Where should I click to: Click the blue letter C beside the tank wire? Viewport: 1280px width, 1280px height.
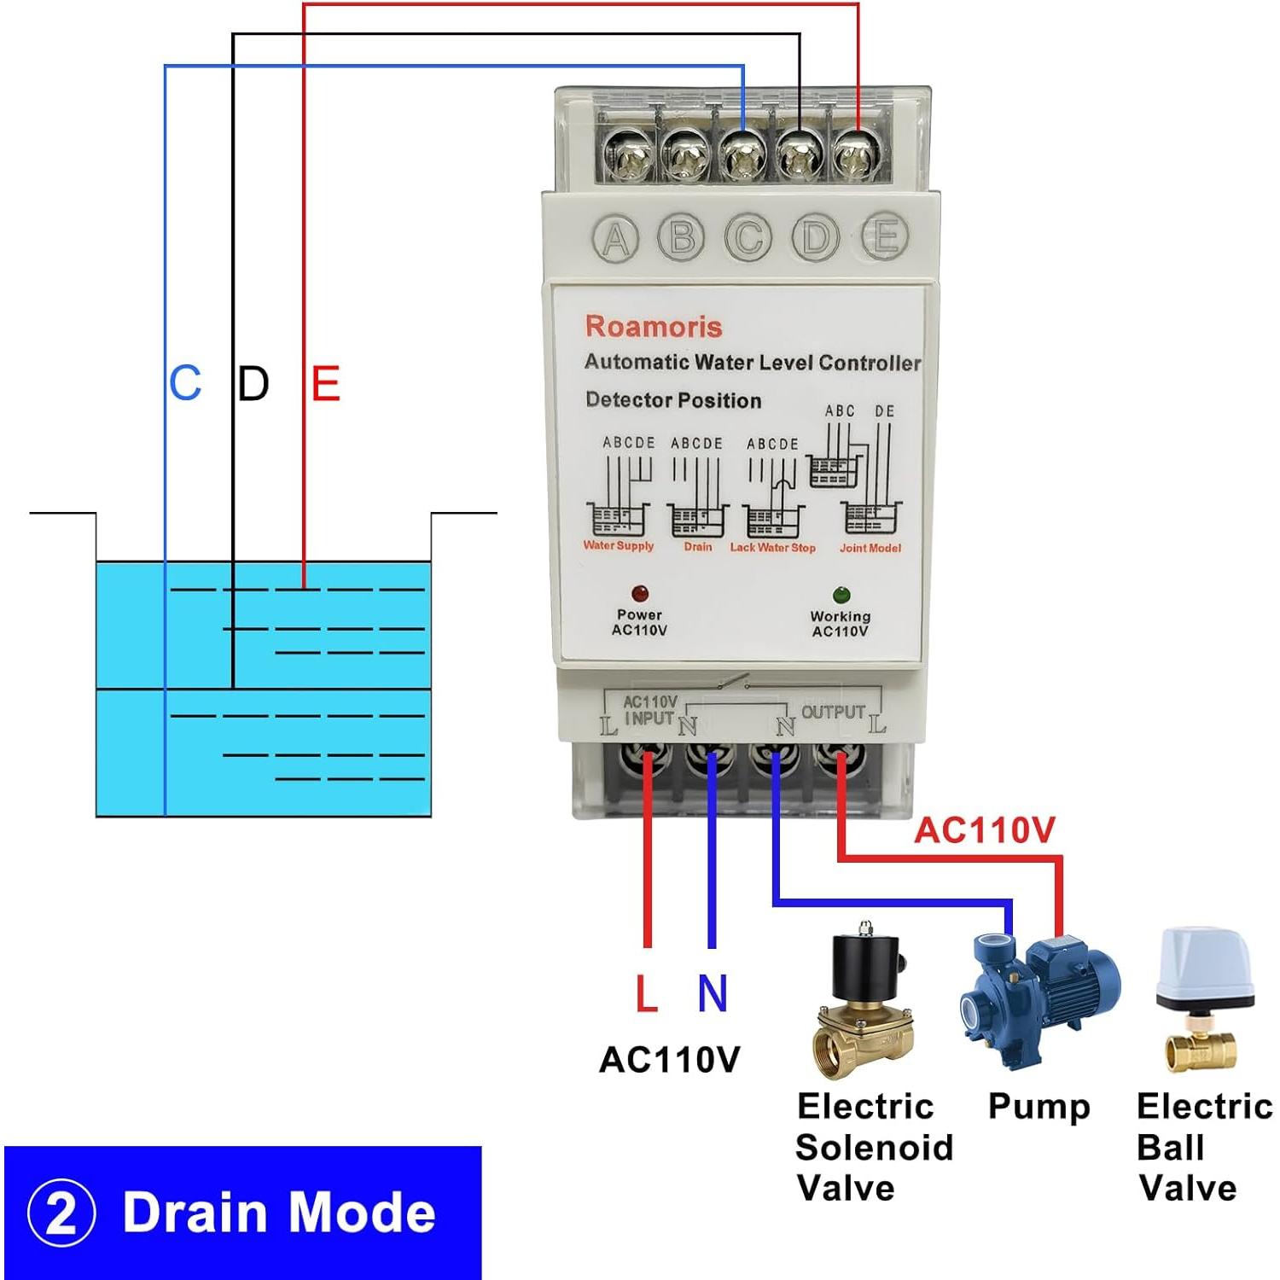pos(185,383)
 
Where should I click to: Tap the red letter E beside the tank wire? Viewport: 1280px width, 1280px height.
pos(326,383)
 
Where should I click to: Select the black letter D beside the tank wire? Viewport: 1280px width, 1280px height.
pos(253,383)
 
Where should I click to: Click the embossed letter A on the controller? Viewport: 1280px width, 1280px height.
pos(616,239)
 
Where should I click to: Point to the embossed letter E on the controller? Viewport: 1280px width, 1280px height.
pos(883,236)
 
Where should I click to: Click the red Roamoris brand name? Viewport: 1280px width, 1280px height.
pos(654,326)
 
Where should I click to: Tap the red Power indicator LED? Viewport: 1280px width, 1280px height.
pos(639,593)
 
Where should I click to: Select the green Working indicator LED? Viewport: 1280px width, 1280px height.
pos(841,595)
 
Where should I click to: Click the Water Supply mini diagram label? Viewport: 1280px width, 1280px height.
pos(619,546)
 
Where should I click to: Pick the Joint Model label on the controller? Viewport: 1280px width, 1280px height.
pos(870,548)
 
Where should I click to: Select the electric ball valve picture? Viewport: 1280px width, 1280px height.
pos(1203,998)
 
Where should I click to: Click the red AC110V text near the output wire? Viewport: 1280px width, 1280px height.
pos(985,829)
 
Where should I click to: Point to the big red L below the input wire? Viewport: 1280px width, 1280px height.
pos(647,994)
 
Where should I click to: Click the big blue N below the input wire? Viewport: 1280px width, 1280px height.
pos(713,994)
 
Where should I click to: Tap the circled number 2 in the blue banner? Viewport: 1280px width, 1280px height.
pos(61,1213)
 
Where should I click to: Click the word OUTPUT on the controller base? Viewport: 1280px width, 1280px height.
pos(833,712)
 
